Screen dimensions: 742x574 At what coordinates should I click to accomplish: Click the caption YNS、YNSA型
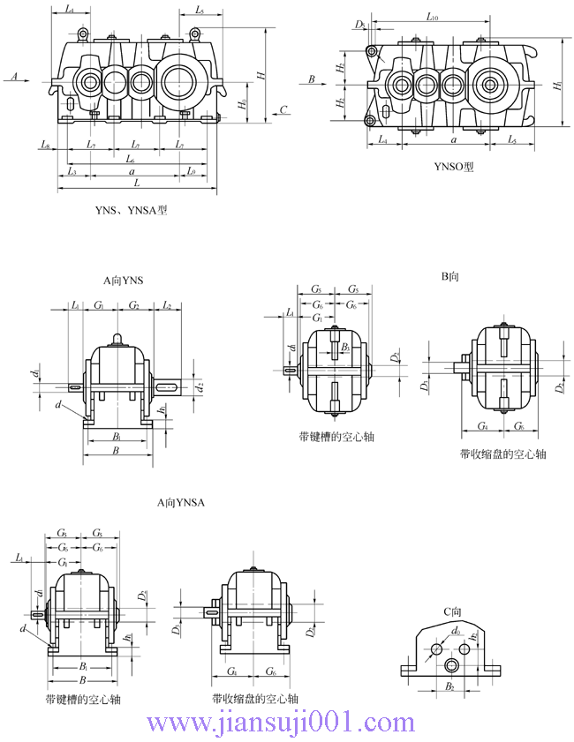click(131, 211)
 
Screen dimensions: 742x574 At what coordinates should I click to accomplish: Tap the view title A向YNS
click(123, 280)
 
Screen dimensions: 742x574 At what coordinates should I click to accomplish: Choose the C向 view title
click(452, 611)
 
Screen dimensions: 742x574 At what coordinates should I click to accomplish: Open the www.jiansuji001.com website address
click(280, 723)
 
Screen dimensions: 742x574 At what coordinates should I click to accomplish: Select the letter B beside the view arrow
click(312, 80)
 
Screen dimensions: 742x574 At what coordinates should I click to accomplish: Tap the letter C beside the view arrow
click(283, 109)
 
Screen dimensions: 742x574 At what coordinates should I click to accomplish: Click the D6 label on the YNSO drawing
click(359, 25)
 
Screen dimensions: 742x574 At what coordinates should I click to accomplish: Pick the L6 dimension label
click(131, 160)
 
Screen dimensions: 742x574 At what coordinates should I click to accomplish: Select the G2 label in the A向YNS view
click(134, 305)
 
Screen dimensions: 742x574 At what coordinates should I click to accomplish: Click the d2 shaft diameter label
click(201, 386)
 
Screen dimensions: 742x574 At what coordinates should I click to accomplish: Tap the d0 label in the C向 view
click(457, 631)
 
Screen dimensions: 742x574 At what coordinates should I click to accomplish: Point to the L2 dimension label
click(167, 305)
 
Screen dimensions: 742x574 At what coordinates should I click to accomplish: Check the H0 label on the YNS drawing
click(244, 105)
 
